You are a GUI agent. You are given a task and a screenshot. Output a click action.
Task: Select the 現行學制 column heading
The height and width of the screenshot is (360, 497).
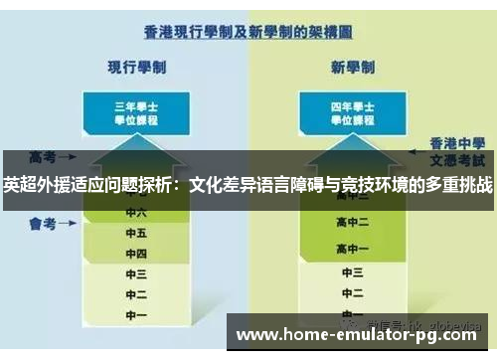click(136, 67)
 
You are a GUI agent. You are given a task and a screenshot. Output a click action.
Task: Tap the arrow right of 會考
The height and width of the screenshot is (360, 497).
click(69, 226)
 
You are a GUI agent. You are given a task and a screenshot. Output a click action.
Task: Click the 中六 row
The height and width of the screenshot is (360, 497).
click(136, 212)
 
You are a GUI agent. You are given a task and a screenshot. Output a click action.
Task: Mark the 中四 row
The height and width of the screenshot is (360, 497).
click(136, 254)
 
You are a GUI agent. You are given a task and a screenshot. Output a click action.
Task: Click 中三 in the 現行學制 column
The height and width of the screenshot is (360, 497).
click(136, 274)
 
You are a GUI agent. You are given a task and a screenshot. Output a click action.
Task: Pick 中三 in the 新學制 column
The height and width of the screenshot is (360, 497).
click(353, 271)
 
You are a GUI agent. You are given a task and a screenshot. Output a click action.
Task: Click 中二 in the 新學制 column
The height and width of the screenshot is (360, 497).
click(353, 295)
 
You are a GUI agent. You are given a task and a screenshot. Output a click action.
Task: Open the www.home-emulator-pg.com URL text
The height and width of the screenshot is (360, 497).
click(364, 335)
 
